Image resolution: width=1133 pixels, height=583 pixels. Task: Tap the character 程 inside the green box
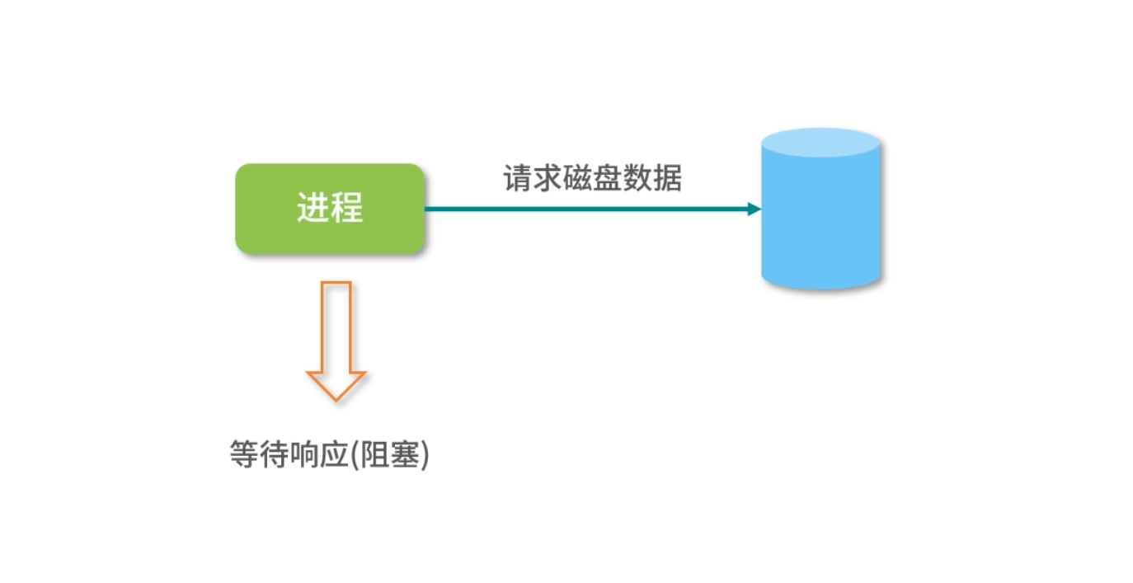tap(347, 209)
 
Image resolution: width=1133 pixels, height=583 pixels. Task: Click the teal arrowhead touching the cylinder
tap(753, 209)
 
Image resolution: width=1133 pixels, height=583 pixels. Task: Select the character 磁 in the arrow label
tap(578, 178)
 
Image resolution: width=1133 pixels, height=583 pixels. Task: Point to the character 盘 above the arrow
tap(608, 178)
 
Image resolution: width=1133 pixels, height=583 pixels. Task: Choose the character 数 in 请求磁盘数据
tap(637, 178)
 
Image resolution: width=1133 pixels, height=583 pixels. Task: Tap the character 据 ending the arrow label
tap(667, 178)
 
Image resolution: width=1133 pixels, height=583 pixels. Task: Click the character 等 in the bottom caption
tap(244, 455)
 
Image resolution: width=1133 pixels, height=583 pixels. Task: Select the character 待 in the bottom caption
tap(274, 455)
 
